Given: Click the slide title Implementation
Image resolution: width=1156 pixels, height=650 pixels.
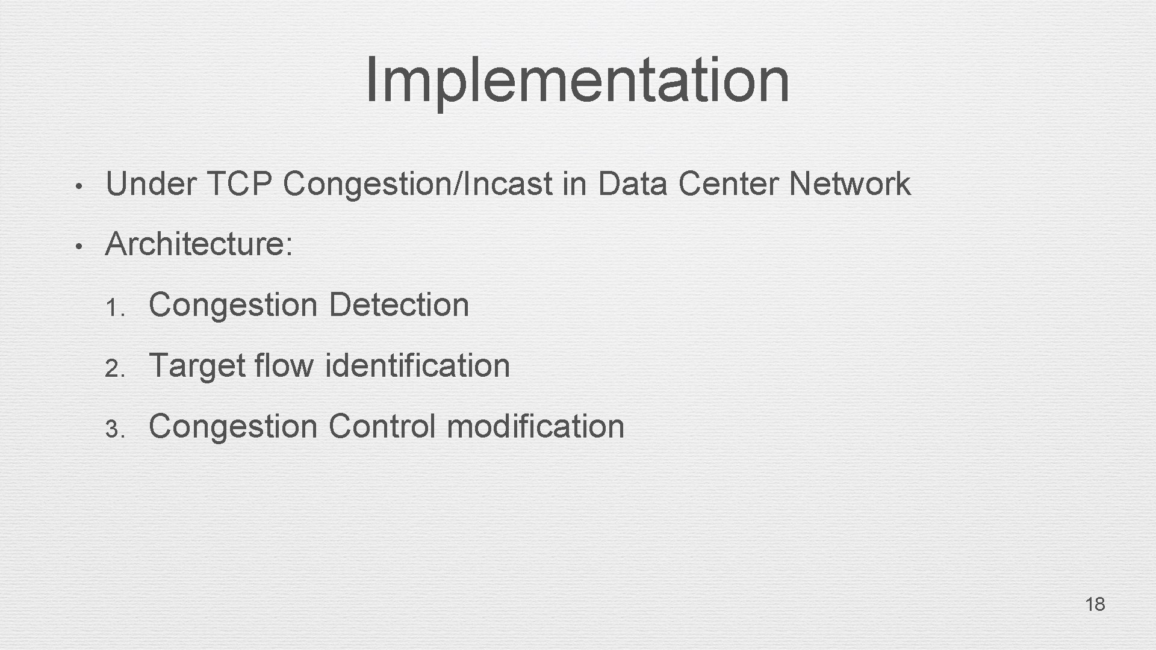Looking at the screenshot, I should tap(577, 80).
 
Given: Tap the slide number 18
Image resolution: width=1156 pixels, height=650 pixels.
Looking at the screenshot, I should tap(1095, 604).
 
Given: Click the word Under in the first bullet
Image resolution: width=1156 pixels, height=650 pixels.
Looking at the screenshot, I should tap(151, 184).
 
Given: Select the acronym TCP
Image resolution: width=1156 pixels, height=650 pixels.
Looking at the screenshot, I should tap(239, 184).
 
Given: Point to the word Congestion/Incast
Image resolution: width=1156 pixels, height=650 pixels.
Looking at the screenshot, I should tap(417, 184).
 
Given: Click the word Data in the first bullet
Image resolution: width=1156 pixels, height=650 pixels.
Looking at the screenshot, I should tap(632, 184).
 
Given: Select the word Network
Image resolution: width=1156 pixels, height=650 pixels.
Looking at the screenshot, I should tap(850, 184).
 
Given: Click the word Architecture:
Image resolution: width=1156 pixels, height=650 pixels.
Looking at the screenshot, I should tap(199, 244).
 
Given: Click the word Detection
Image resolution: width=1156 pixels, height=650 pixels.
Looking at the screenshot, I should tap(399, 305).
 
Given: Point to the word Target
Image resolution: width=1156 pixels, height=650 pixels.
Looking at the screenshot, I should tap(197, 365).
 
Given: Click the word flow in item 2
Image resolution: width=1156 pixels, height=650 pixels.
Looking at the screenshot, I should tap(284, 365).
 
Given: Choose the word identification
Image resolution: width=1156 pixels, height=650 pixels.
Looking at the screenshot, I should tap(417, 365).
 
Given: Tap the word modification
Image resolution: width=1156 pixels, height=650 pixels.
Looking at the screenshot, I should tap(535, 426).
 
